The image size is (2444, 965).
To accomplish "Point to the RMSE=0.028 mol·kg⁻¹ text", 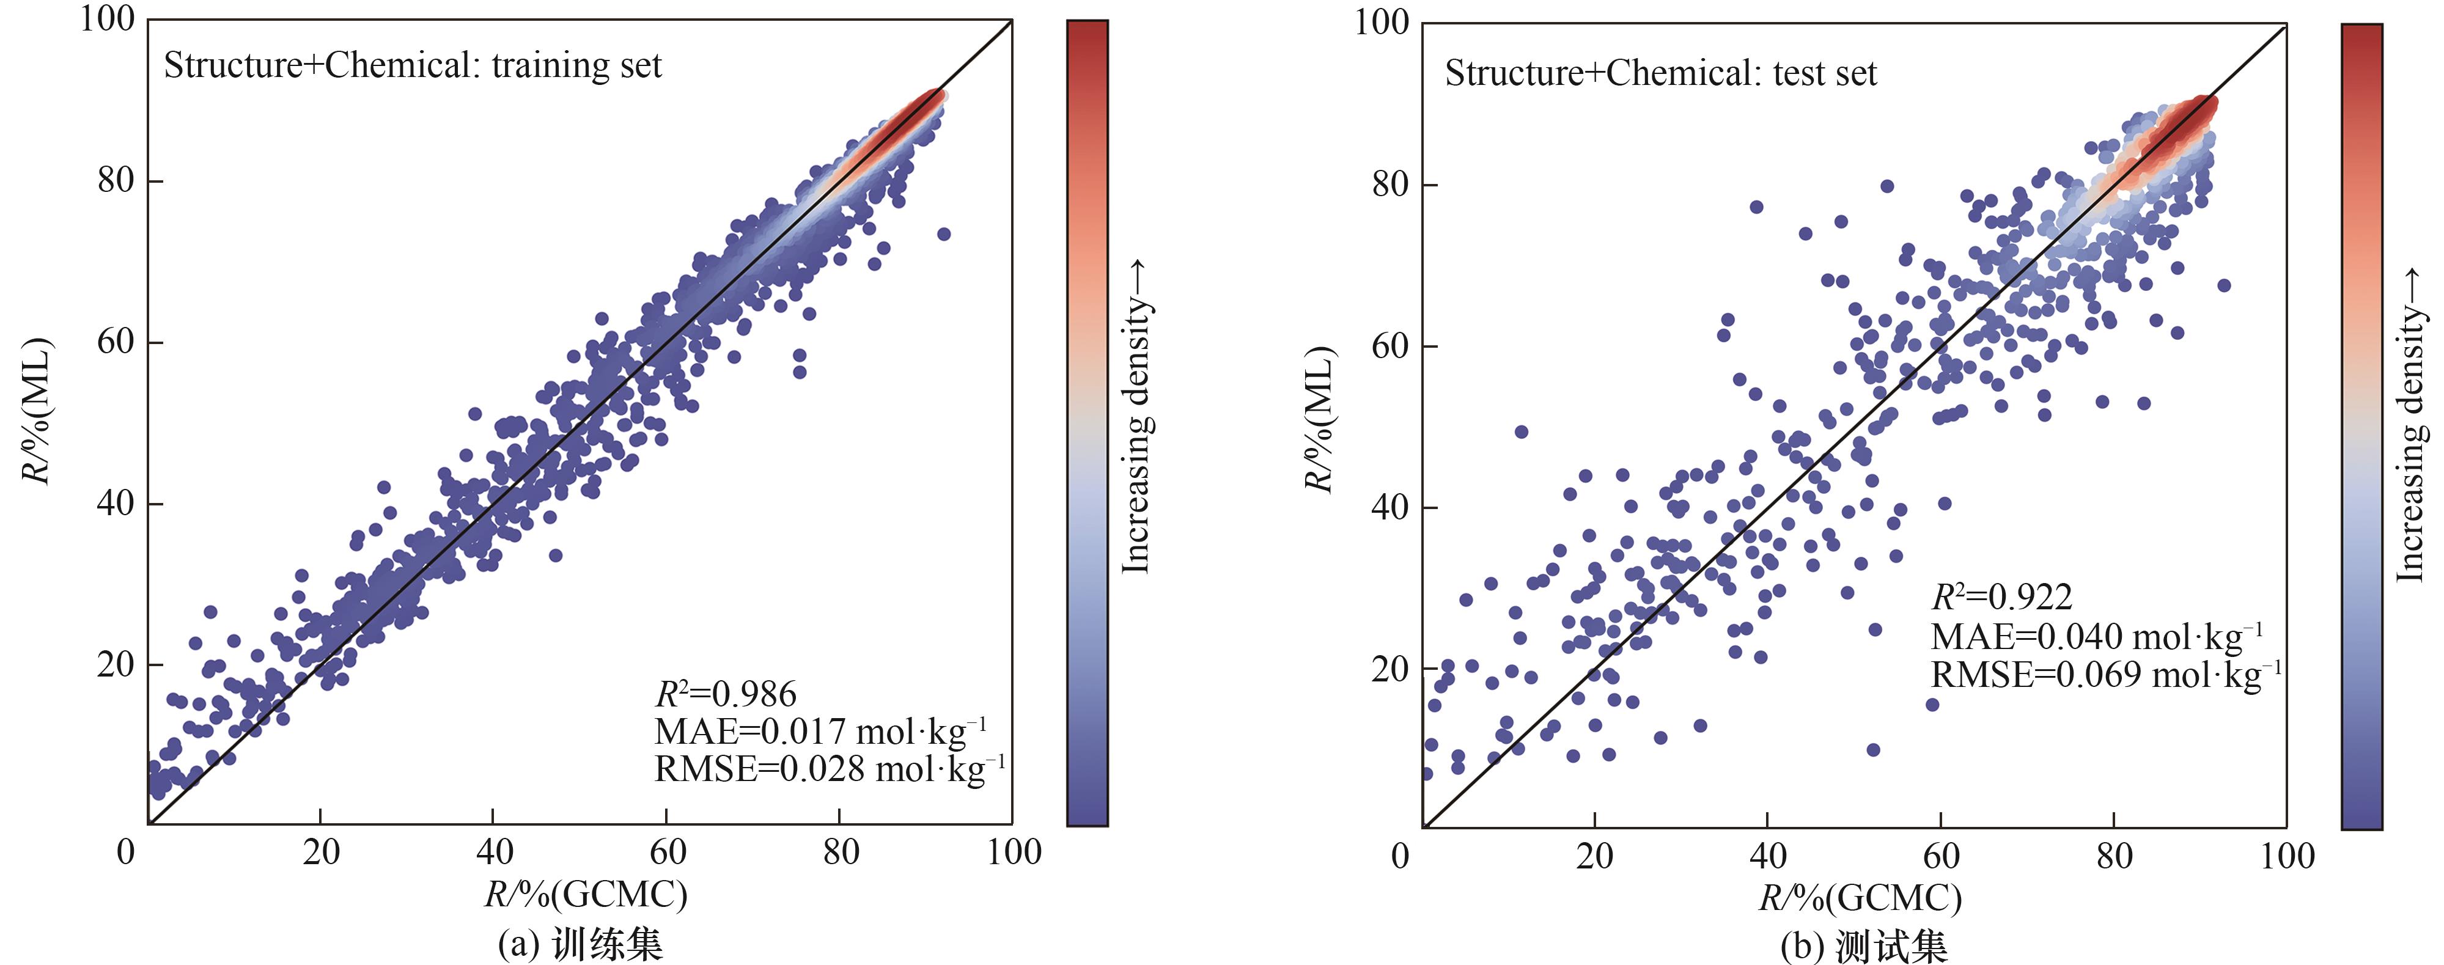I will click(x=829, y=769).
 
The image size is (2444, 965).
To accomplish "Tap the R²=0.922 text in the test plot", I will click(x=2002, y=597).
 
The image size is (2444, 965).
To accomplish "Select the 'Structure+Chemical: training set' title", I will click(x=413, y=65).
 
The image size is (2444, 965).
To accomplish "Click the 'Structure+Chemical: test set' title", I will click(x=1660, y=73).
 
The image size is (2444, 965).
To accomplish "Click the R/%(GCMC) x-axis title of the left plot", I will click(x=586, y=895).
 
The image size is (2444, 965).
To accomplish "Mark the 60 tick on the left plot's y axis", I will click(x=116, y=342).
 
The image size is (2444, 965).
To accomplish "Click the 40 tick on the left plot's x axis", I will click(x=493, y=852).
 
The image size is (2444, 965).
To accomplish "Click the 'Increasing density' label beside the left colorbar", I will click(x=1136, y=417).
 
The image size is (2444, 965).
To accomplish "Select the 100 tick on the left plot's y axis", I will click(x=107, y=19).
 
